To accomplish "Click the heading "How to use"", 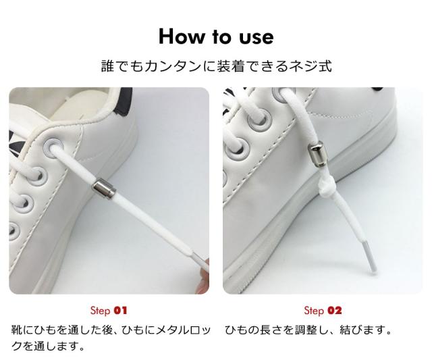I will (215, 36).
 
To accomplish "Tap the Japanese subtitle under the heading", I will (215, 68).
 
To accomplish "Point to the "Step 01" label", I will (109, 311).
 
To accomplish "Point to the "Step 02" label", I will (323, 311).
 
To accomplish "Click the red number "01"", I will (120, 311).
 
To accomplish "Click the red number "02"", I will (335, 311).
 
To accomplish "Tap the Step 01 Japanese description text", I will (112, 338).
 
